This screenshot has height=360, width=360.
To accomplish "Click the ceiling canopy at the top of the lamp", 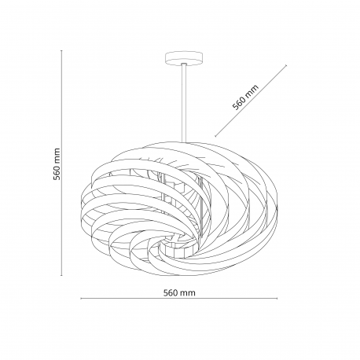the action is click(184, 57).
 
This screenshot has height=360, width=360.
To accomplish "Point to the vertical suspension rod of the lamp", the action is click(184, 103).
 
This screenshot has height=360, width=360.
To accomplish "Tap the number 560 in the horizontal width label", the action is click(171, 292).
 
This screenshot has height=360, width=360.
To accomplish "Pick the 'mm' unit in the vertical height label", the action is click(57, 156).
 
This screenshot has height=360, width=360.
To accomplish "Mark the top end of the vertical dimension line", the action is click(61, 50).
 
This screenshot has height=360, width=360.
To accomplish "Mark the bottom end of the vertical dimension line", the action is click(61, 275).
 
